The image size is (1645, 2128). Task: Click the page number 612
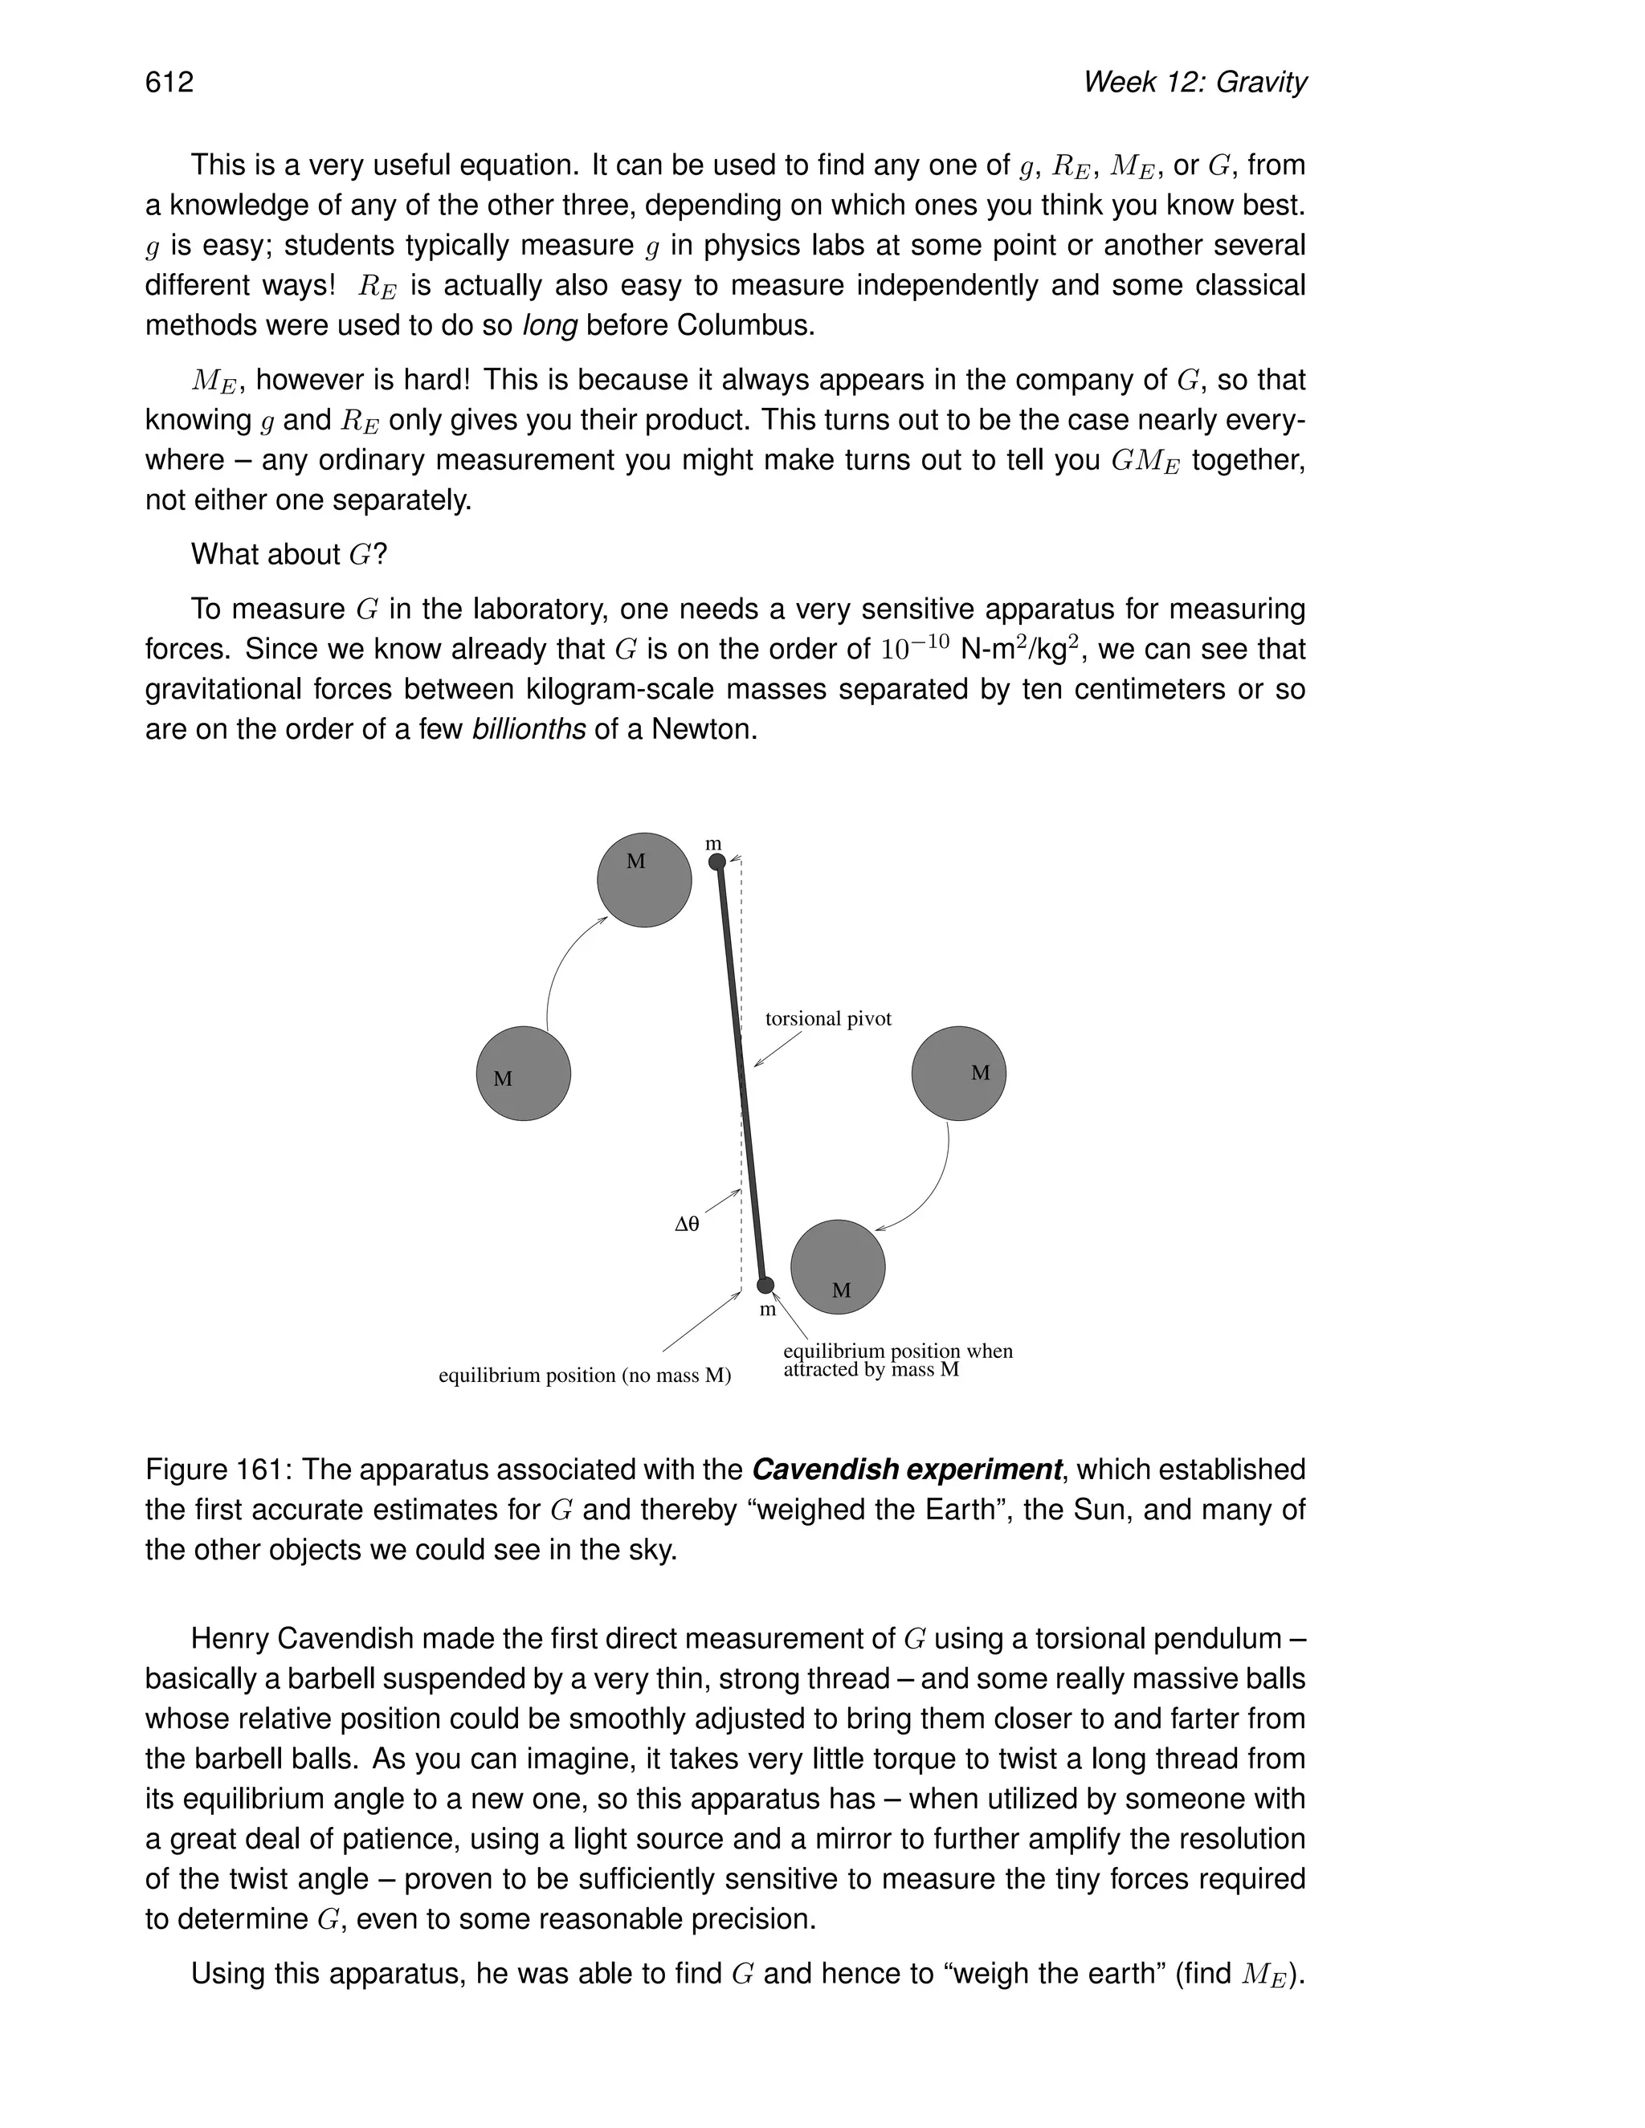coord(169,82)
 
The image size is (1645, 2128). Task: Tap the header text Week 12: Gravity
coord(1194,82)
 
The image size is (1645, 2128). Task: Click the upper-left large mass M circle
coord(644,880)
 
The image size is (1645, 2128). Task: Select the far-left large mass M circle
coord(524,1073)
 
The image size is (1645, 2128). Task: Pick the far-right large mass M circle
coord(958,1073)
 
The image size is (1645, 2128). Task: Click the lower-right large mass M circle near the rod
coord(837,1266)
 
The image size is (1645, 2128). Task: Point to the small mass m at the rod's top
coord(717,862)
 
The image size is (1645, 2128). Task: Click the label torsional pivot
coord(828,1019)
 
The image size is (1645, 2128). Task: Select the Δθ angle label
coord(687,1225)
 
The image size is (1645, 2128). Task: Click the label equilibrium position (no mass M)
coord(585,1376)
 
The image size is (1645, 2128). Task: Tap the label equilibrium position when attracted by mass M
coord(896,1360)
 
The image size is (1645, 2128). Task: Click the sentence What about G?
coord(288,554)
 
